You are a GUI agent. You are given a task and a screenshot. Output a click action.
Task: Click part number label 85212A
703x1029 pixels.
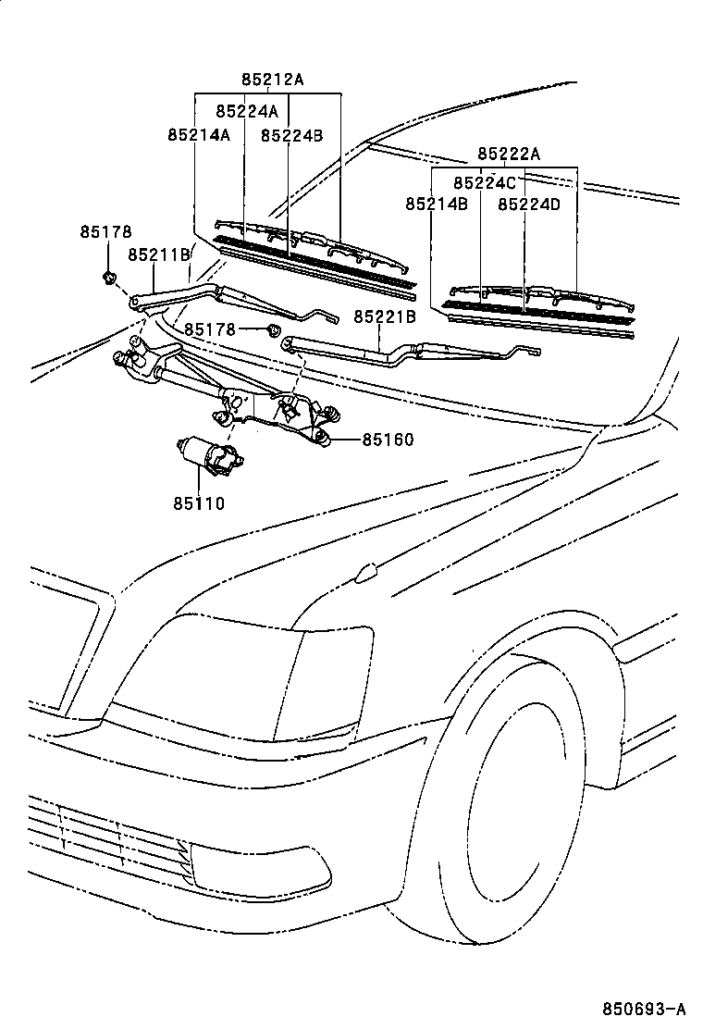(272, 80)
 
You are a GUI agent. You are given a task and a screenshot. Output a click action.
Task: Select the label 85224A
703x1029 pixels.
(246, 111)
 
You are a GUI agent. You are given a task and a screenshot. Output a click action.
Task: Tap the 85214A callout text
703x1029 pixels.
(198, 134)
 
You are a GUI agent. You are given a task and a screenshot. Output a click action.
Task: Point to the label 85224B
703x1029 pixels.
(291, 134)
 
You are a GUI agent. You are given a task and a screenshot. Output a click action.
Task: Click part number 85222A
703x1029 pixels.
(508, 154)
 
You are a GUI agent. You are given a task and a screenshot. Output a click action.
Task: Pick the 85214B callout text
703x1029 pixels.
(436, 204)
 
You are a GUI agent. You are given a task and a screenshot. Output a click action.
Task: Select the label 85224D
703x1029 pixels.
(529, 204)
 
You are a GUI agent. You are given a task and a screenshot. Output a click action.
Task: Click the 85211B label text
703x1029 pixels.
(159, 254)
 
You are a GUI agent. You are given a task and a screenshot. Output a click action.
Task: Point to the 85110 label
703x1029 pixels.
(198, 502)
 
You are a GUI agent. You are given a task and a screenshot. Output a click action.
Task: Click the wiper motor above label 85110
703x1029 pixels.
(208, 456)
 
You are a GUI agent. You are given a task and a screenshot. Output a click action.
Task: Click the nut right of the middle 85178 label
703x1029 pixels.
(273, 330)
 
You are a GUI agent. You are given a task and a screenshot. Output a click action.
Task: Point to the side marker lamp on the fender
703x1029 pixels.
(365, 574)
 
